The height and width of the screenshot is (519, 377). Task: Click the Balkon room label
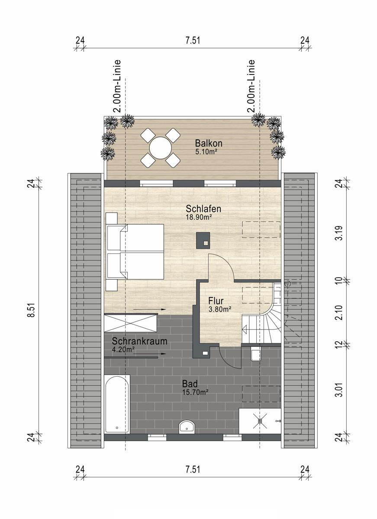click(x=209, y=143)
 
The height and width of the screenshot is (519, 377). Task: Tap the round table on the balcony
click(x=161, y=148)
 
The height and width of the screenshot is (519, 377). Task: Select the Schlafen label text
click(x=203, y=209)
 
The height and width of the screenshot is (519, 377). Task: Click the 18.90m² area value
click(x=199, y=217)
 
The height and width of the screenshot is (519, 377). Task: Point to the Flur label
click(x=216, y=301)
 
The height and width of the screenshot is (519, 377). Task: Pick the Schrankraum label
click(x=139, y=341)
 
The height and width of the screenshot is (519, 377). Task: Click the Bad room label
click(x=190, y=384)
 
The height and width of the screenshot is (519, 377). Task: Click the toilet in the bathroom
click(x=256, y=354)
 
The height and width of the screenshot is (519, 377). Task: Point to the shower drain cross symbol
click(x=260, y=420)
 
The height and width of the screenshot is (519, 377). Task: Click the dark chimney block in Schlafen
click(x=203, y=240)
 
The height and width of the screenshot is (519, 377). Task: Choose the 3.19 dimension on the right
click(x=339, y=233)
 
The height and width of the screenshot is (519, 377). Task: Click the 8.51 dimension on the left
click(x=32, y=310)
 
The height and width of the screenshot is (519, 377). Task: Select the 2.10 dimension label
click(x=339, y=313)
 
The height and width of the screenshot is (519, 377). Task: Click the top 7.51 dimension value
click(x=193, y=41)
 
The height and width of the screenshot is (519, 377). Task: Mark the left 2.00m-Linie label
click(x=118, y=86)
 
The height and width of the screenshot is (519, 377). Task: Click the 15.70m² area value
click(x=195, y=392)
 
